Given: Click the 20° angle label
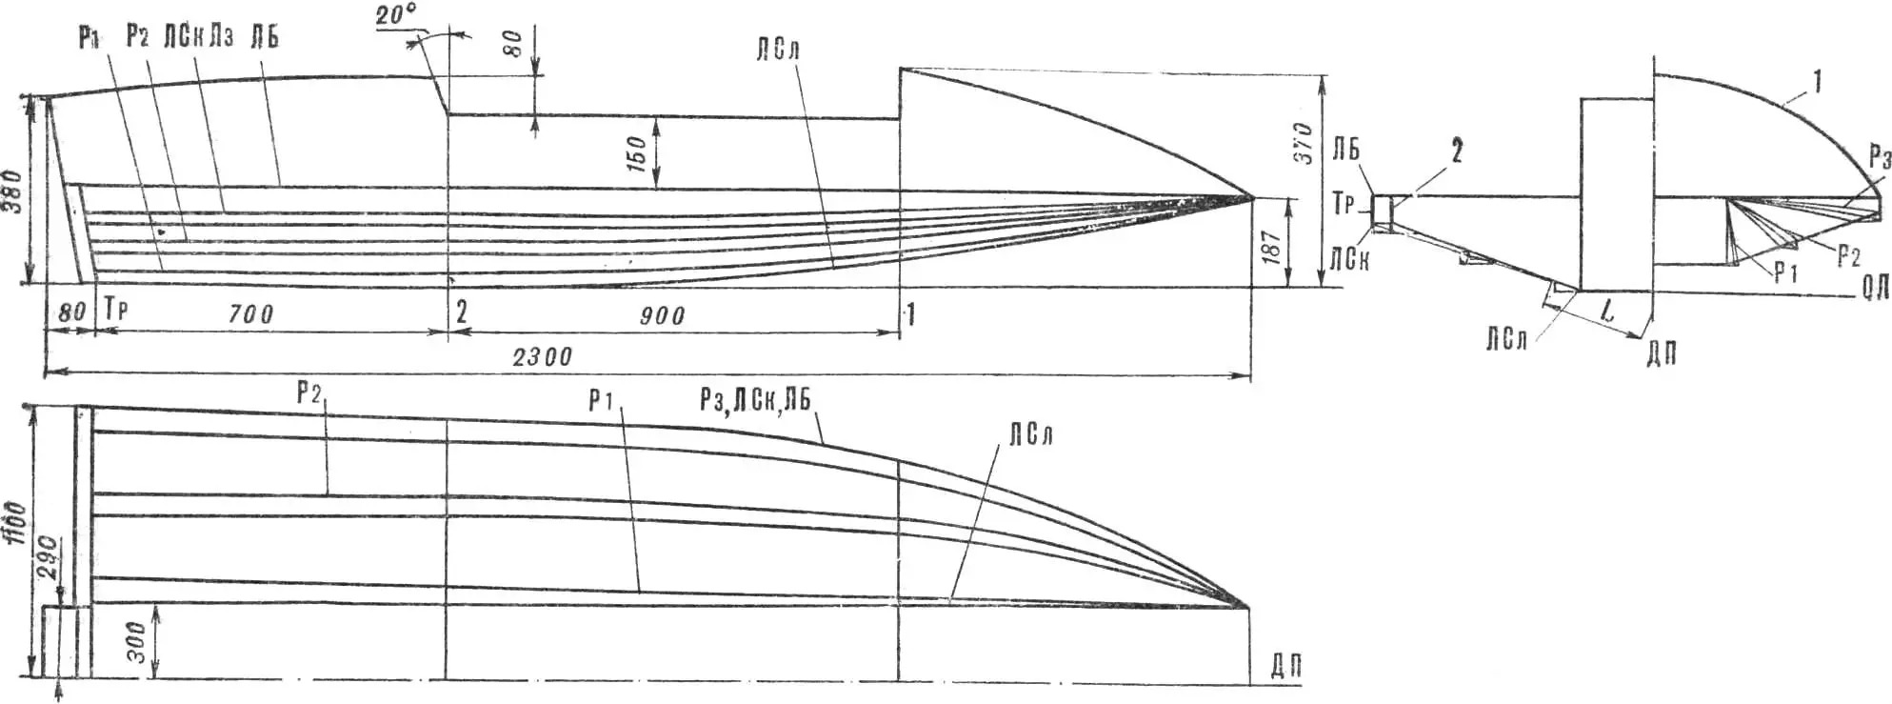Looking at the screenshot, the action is (396, 16).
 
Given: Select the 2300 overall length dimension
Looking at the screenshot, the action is (542, 357).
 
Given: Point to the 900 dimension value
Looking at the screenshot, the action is (661, 315).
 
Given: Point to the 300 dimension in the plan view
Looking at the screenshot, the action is (137, 642).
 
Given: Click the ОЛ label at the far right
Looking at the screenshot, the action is (1874, 291).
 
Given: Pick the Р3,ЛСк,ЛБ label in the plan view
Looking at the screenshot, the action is (754, 399).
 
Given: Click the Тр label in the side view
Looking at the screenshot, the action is (115, 311).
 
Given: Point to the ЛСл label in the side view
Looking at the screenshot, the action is (778, 50).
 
